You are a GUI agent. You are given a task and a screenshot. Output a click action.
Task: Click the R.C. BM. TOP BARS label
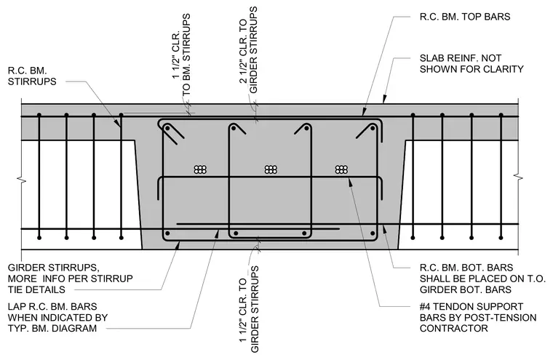464,17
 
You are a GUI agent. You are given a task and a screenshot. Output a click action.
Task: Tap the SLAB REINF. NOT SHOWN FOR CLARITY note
472,63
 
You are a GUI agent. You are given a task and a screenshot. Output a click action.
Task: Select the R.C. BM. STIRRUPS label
32,76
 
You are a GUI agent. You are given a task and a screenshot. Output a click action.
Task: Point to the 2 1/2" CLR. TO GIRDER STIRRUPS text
248,49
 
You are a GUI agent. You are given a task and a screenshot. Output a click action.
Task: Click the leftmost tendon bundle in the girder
200,169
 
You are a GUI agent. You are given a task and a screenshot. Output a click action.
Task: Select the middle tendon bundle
271,169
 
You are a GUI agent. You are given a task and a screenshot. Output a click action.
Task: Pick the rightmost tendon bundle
341,169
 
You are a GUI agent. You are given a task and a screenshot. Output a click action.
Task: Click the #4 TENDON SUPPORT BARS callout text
478,317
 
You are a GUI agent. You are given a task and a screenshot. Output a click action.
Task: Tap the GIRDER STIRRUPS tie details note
70,279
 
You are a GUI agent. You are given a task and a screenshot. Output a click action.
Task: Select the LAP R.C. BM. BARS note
57,317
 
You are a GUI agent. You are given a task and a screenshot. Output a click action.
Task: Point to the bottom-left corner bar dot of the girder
167,233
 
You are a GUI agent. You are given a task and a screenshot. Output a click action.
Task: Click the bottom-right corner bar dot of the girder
373,233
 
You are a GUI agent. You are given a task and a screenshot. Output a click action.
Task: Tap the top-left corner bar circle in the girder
168,128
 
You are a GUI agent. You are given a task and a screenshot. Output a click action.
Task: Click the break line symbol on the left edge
22,180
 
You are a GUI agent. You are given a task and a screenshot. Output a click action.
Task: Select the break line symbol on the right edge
518,176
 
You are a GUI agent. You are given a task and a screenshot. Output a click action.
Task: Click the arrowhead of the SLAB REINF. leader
384,100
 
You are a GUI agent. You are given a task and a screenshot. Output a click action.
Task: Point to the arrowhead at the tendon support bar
349,180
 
